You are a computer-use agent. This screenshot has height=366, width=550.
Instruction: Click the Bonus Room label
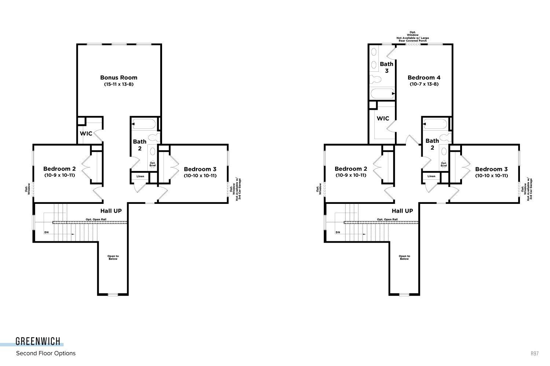pyautogui.click(x=118, y=78)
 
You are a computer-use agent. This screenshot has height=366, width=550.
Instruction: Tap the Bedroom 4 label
pyautogui.click(x=424, y=78)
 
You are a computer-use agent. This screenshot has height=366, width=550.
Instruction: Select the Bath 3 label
pyautogui.click(x=386, y=67)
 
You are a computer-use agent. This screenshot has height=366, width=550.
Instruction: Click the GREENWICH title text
pyautogui.click(x=38, y=341)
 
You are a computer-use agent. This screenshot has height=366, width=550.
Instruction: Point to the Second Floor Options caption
pyautogui.click(x=46, y=353)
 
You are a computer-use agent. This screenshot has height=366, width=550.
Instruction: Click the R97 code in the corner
pyautogui.click(x=535, y=354)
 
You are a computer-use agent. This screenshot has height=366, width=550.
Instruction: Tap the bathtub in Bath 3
pyautogui.click(x=382, y=94)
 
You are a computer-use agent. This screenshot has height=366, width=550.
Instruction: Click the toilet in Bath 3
pyautogui.click(x=375, y=79)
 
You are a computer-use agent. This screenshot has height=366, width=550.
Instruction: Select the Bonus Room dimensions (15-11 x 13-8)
pyautogui.click(x=119, y=84)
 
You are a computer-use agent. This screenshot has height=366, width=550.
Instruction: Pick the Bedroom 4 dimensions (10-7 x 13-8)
pyautogui.click(x=424, y=84)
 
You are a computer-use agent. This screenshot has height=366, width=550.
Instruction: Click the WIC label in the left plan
pyautogui.click(x=86, y=134)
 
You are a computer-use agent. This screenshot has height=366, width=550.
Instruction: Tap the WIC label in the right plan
pyautogui.click(x=383, y=119)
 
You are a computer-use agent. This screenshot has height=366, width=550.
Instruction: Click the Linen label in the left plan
pyautogui.click(x=140, y=176)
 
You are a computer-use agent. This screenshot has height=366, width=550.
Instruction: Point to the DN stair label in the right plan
pyautogui.click(x=338, y=232)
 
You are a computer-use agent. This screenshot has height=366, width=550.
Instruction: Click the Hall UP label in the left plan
pyautogui.click(x=111, y=211)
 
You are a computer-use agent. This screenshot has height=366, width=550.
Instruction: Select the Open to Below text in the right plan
pyautogui.click(x=404, y=257)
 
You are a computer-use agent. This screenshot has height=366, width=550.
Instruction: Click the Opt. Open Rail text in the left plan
pyautogui.click(x=96, y=219)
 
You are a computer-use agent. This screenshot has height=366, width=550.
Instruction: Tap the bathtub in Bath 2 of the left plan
pyautogui.click(x=144, y=124)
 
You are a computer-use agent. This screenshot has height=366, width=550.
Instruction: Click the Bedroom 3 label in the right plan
pyautogui.click(x=491, y=169)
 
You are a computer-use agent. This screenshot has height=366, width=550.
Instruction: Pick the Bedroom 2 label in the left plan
pyautogui.click(x=59, y=169)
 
